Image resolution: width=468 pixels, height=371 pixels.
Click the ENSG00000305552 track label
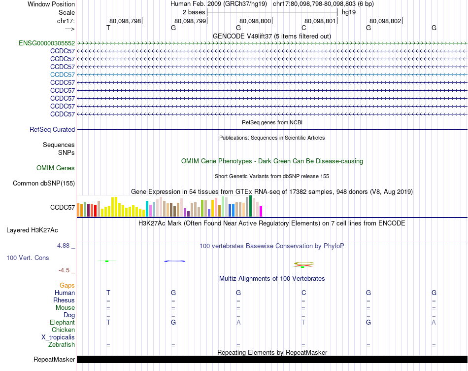pyautogui.click(x=47, y=43)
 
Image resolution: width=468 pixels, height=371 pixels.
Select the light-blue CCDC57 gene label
pyautogui.click(x=63, y=74)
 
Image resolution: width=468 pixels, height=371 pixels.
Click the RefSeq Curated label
pyautogui.click(x=52, y=129)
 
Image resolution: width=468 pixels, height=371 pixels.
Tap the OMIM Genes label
pyautogui.click(x=56, y=168)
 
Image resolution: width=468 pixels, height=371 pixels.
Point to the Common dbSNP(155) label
pyautogui.click(x=44, y=184)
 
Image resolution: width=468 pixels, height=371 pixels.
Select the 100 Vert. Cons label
pyautogui.click(x=28, y=258)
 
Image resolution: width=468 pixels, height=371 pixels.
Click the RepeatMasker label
pyautogui.click(x=54, y=359)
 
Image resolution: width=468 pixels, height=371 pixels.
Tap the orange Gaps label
pyautogui.click(x=67, y=285)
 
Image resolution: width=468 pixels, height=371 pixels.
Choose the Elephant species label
pyautogui.click(x=62, y=322)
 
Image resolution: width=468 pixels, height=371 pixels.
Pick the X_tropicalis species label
pyautogui.click(x=58, y=337)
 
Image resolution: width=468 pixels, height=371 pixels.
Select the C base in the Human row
pyautogui.click(x=303, y=293)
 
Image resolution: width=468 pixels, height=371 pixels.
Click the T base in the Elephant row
pyautogui.click(x=303, y=322)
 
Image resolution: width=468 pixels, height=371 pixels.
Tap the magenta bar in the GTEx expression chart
pyautogui.click(x=261, y=211)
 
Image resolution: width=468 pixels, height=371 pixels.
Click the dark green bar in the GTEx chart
pyautogui.click(x=250, y=206)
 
